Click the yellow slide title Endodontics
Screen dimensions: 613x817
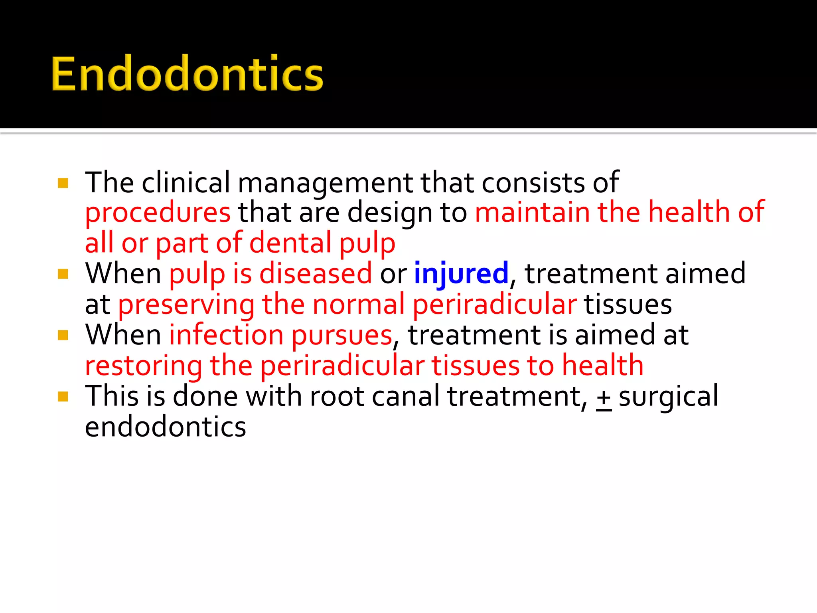(x=187, y=74)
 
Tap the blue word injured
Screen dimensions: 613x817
(x=461, y=274)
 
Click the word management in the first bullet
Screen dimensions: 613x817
(x=325, y=183)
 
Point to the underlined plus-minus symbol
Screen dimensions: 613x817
(x=604, y=397)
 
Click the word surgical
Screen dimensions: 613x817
(x=669, y=396)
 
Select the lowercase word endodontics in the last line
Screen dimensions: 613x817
(x=166, y=427)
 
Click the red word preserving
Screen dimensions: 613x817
(x=186, y=305)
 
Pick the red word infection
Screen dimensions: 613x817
(x=226, y=335)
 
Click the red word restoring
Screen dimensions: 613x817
(x=144, y=366)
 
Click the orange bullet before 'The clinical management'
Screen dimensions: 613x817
(x=63, y=183)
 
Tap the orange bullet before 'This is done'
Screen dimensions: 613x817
(x=63, y=396)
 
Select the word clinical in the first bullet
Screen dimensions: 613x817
(x=186, y=183)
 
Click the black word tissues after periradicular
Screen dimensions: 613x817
(x=628, y=305)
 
